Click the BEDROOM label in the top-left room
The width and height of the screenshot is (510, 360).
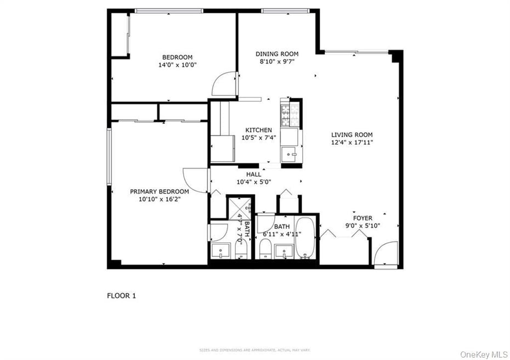[x=177, y=57]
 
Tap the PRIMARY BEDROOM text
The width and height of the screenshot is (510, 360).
[x=159, y=192]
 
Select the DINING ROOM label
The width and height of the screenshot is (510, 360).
[x=277, y=54]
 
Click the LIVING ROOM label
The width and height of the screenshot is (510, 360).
[x=352, y=134]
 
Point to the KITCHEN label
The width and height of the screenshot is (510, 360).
[x=258, y=130]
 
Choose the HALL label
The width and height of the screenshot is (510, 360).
[x=253, y=175]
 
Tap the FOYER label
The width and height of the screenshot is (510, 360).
[x=362, y=218]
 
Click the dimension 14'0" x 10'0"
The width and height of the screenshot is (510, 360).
[x=177, y=65]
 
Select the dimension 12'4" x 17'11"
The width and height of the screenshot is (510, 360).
[x=352, y=142]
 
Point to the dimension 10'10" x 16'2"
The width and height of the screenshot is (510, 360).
[x=159, y=199]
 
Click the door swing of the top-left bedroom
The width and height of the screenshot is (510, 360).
[x=225, y=83]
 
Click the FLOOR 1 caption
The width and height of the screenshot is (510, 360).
[x=121, y=296]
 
